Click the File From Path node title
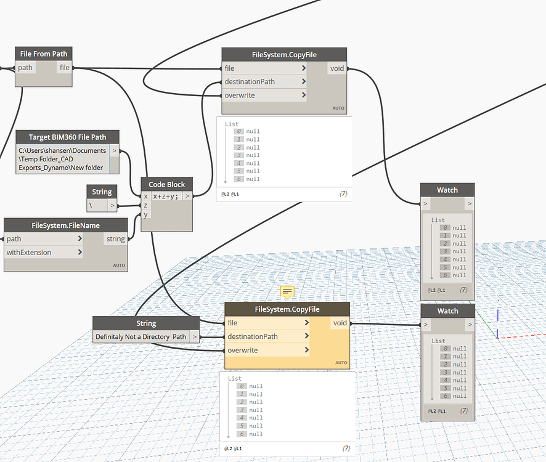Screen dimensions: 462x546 click(x=43, y=54)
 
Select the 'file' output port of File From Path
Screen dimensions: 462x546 click(x=64, y=68)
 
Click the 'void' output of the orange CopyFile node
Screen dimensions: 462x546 click(x=340, y=323)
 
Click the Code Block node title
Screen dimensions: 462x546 click(x=166, y=184)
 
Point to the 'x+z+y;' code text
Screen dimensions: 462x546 click(x=166, y=196)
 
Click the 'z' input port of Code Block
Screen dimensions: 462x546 click(x=145, y=205)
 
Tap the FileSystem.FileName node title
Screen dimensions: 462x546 click(x=65, y=225)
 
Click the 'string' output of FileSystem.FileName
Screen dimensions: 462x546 click(x=115, y=239)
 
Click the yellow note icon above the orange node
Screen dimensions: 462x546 click(x=287, y=291)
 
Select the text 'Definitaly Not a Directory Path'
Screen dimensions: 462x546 click(x=141, y=337)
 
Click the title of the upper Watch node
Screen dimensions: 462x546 click(x=447, y=190)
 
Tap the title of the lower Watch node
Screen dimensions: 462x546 click(x=447, y=310)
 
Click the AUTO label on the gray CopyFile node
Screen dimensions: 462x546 click(x=338, y=108)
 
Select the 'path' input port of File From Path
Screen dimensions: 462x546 click(x=25, y=68)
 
